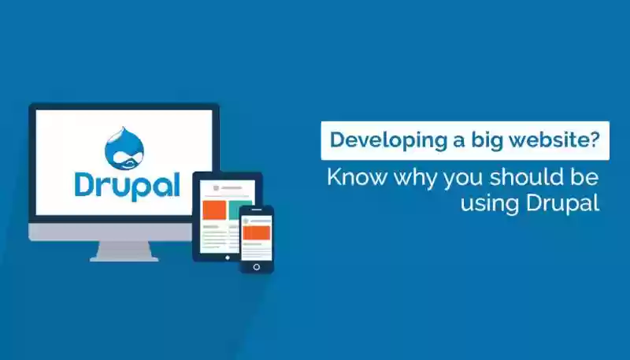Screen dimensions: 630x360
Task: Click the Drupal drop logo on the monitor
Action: pyautogui.click(x=124, y=148)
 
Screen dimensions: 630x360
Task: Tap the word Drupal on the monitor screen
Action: pyautogui.click(x=127, y=186)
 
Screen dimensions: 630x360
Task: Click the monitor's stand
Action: pyautogui.click(x=124, y=251)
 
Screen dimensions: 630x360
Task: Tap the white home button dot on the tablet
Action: pyautogui.click(x=228, y=258)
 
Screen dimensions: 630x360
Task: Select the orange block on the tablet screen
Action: pyautogui.click(x=214, y=210)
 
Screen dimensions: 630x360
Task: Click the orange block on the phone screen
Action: pyautogui.click(x=257, y=233)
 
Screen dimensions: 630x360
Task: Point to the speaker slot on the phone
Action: pyautogui.click(x=257, y=210)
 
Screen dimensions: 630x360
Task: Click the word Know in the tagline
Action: pyautogui.click(x=357, y=176)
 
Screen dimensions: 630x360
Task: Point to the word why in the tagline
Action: pyautogui.click(x=415, y=178)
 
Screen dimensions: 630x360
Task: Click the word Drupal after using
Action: pyautogui.click(x=563, y=203)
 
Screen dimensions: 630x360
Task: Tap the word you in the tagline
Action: pyautogui.click(x=463, y=179)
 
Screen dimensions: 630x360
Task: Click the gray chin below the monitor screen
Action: pyautogui.click(x=109, y=232)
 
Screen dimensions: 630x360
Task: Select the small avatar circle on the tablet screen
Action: pyautogui.click(x=216, y=187)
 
